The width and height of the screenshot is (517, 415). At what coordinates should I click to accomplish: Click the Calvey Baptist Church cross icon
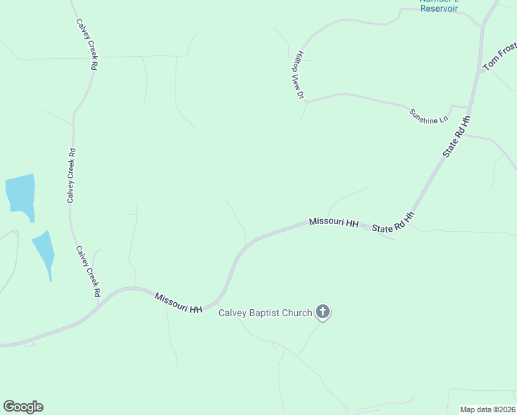322,312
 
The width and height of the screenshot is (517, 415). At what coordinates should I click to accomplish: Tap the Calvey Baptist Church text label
265,313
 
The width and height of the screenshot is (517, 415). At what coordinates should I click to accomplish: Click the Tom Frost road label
500,56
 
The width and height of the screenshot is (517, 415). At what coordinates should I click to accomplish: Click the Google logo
23,407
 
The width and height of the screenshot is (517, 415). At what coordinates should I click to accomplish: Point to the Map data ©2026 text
488,409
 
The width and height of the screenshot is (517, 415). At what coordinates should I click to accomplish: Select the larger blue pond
20,193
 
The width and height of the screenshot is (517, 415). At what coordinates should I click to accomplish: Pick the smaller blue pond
44,251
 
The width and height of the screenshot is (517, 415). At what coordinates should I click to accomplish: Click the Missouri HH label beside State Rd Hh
334,223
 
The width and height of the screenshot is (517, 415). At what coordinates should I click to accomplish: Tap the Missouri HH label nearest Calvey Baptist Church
178,303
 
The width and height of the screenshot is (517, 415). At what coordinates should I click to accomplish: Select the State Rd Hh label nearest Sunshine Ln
457,136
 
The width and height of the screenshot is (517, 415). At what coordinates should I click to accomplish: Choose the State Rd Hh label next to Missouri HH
393,223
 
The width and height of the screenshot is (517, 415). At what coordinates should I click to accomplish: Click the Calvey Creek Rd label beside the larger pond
71,176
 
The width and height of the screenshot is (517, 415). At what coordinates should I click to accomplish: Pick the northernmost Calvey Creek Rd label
86,44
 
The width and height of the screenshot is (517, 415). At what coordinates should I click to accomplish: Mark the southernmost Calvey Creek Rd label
88,271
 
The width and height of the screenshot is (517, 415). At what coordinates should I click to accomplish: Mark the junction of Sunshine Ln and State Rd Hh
469,109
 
